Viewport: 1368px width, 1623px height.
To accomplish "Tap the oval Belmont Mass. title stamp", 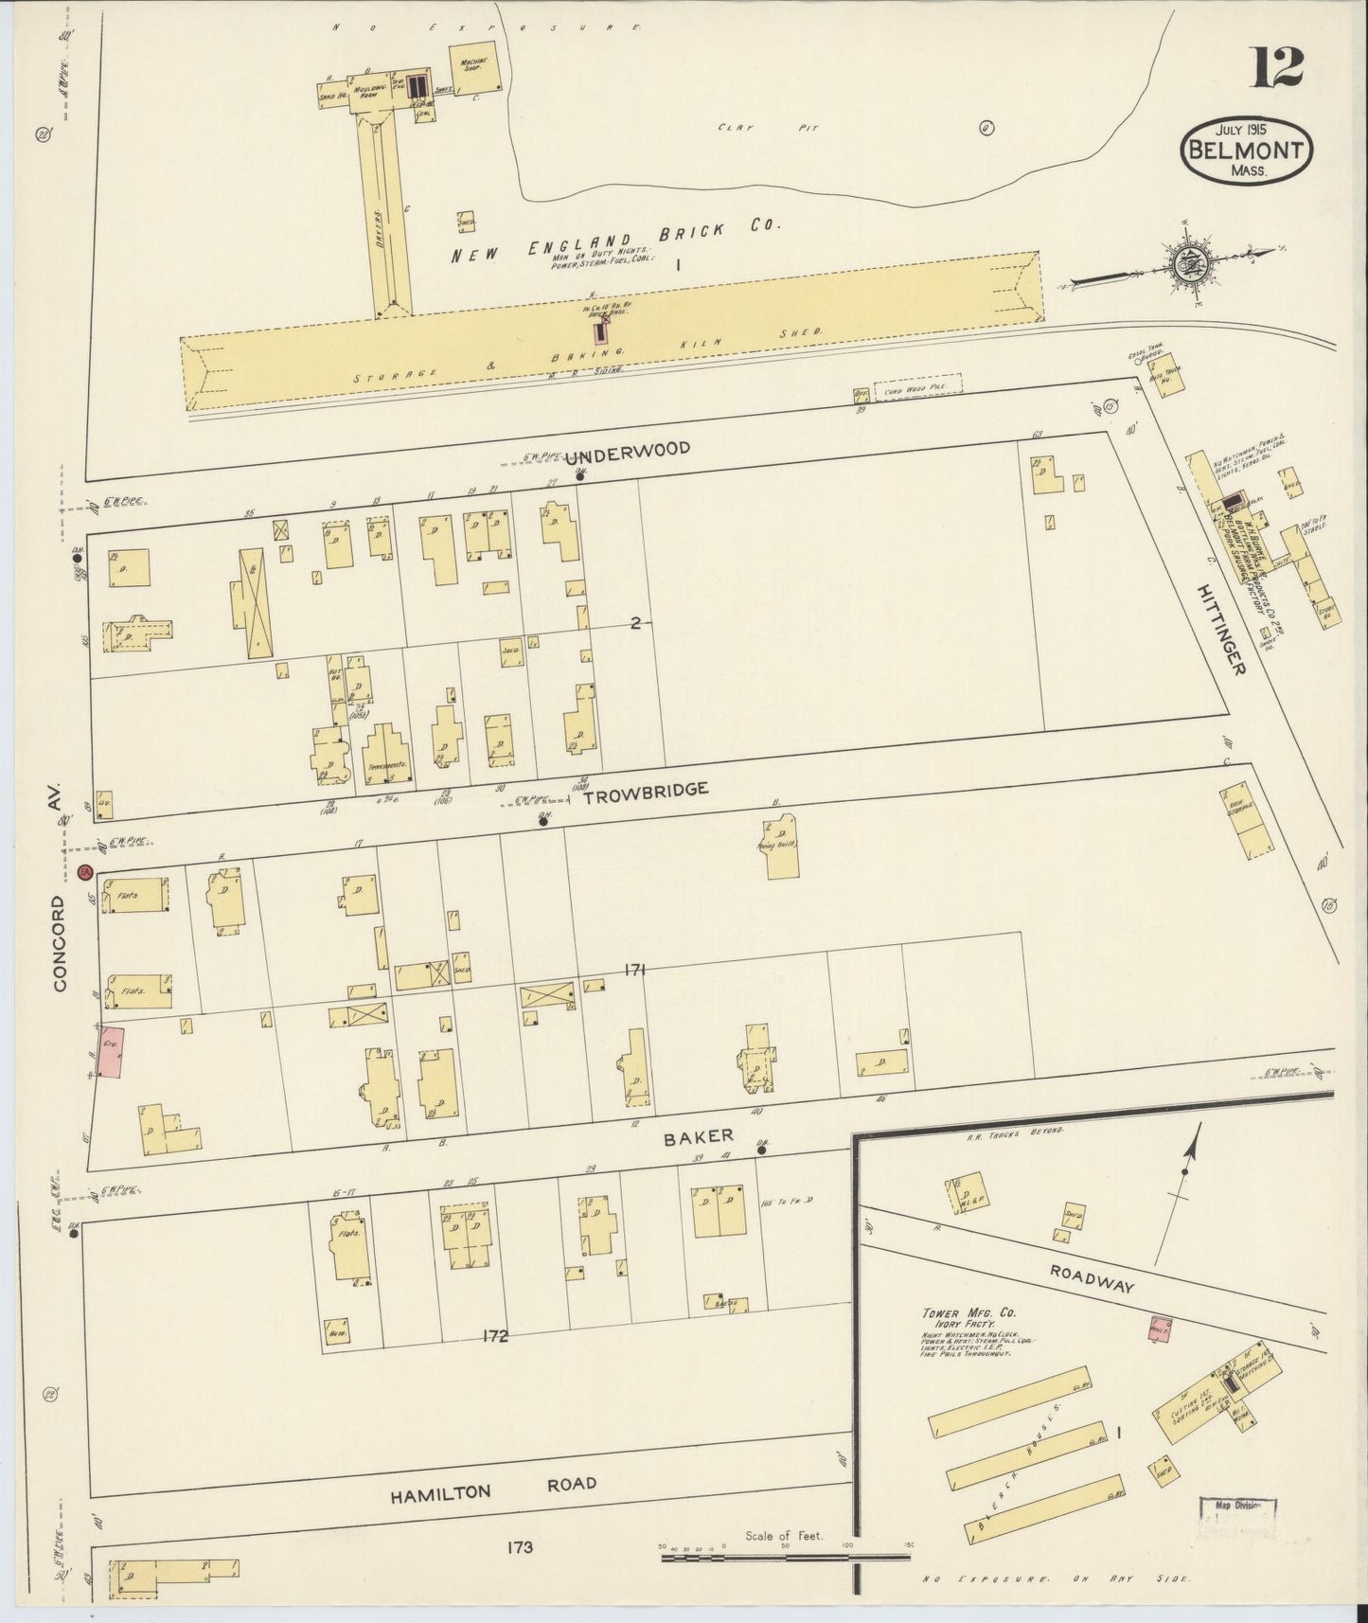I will point(1247,150).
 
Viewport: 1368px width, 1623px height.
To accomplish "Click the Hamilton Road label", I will point(493,1488).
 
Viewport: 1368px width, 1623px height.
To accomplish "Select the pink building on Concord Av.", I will point(112,1051).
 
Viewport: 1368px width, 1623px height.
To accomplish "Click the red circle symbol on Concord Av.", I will point(83,871).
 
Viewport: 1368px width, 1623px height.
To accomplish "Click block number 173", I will point(520,1547).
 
